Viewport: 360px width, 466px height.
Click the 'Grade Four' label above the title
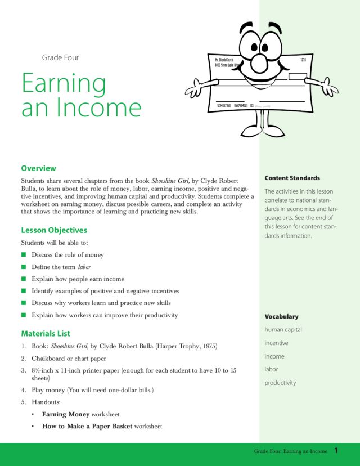pyautogui.click(x=60, y=57)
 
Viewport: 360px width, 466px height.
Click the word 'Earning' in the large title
pyautogui.click(x=64, y=83)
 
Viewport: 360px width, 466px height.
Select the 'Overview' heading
pyautogui.click(x=38, y=168)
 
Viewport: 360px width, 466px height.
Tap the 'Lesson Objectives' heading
pyautogui.click(x=54, y=230)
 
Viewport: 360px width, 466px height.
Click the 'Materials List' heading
pyautogui.click(x=46, y=333)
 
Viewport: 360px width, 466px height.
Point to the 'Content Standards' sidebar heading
pyautogui.click(x=292, y=178)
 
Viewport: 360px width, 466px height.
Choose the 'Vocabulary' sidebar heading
pyautogui.click(x=281, y=316)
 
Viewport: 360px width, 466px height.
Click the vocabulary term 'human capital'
pyautogui.click(x=283, y=330)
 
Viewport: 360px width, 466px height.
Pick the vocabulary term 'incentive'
pyautogui.click(x=276, y=343)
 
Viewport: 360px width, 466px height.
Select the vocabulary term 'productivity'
pyautogui.click(x=280, y=383)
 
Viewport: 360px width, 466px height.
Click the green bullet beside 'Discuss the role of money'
pyautogui.click(x=24, y=255)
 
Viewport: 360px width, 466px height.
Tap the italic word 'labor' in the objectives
pyautogui.click(x=84, y=267)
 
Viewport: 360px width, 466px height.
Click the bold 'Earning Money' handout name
pyautogui.click(x=65, y=414)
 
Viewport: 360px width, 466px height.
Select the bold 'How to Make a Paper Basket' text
pyautogui.click(x=87, y=426)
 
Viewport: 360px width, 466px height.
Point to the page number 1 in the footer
pyautogui.click(x=336, y=451)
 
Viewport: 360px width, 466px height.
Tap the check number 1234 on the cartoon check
pyautogui.click(x=303, y=59)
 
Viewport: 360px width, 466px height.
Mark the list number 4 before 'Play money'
pyautogui.click(x=24, y=389)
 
